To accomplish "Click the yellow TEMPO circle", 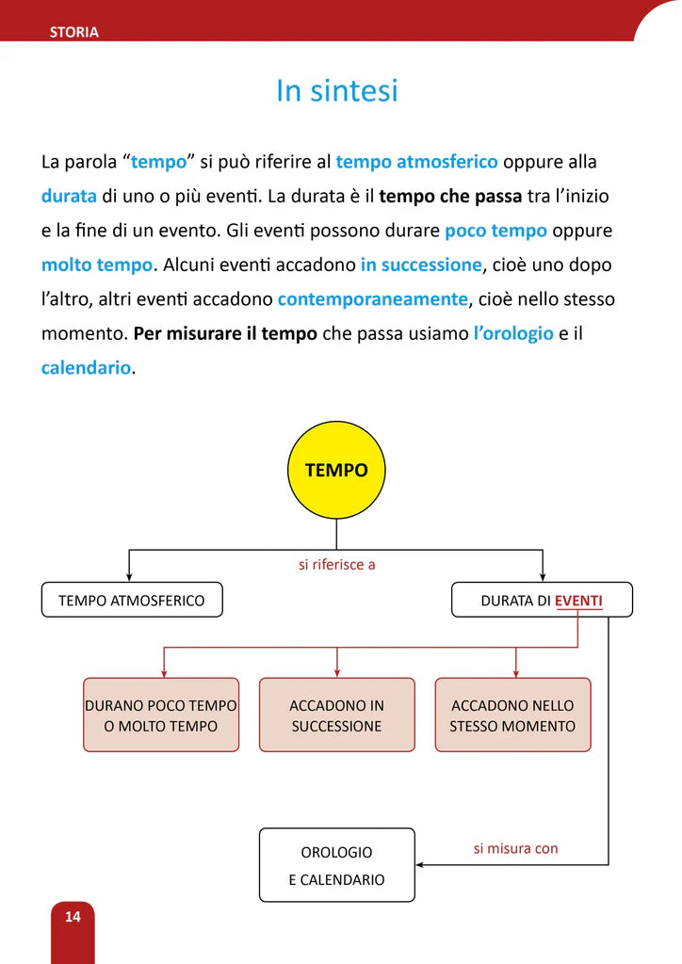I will click(x=336, y=470).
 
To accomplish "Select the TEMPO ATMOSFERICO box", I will click(x=132, y=600).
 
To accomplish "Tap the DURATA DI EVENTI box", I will click(x=542, y=600).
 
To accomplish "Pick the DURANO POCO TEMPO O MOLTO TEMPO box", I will click(x=161, y=715).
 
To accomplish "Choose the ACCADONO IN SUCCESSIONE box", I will click(x=336, y=715).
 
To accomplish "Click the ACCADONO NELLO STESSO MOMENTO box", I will click(x=512, y=715).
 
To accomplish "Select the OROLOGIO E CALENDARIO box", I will click(x=336, y=865).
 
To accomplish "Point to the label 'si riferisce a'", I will click(x=336, y=565).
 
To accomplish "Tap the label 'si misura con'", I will click(x=515, y=848).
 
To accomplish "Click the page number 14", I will click(x=73, y=916).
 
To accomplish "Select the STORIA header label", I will click(x=74, y=32).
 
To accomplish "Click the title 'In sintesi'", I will click(x=336, y=91).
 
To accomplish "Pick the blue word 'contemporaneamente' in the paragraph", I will click(x=373, y=299).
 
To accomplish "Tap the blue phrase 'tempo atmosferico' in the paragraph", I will click(x=416, y=162).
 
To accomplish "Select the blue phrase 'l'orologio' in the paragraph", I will click(x=513, y=333).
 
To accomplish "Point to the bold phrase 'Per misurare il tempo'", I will click(x=225, y=333).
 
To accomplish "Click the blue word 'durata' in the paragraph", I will click(x=69, y=197).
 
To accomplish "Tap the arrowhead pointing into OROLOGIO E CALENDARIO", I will click(x=420, y=864).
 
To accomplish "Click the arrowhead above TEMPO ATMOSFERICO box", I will click(x=129, y=576).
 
